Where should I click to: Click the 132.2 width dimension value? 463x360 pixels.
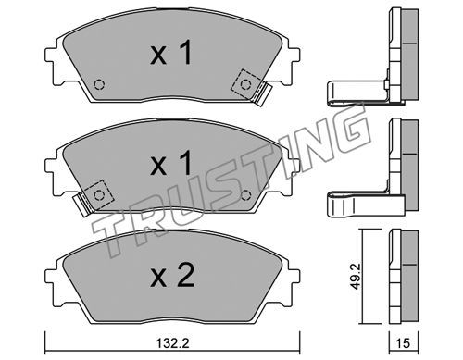coord(172,342)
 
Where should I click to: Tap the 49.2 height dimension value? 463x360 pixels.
coord(356,277)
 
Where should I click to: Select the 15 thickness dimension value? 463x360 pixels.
coord(403,342)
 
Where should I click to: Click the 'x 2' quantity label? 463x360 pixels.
coord(172,276)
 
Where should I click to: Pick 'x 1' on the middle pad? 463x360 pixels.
coord(170,164)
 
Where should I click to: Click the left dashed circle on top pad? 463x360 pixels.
coord(99,84)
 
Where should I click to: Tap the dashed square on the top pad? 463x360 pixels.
coord(245,84)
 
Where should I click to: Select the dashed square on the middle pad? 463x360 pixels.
coord(98,194)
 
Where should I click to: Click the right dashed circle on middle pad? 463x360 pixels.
coord(245,195)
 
